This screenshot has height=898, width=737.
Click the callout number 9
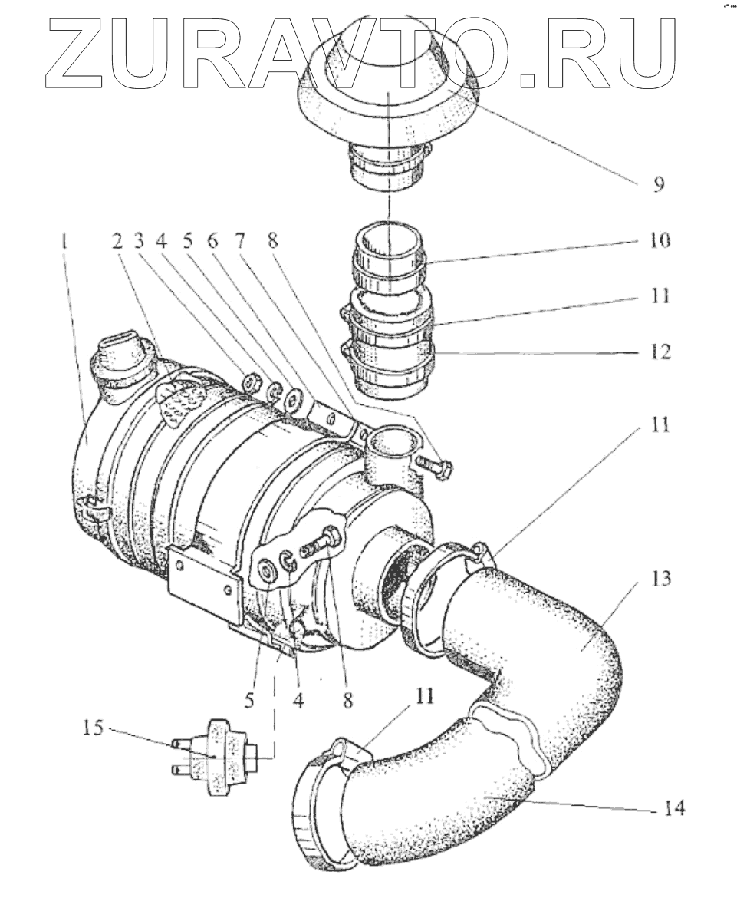tap(659, 185)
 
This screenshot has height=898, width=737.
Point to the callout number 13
tap(659, 578)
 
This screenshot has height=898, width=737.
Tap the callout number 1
tap(67, 243)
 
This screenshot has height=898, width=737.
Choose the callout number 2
tap(117, 243)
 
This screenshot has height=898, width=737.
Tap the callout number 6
tap(212, 243)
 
